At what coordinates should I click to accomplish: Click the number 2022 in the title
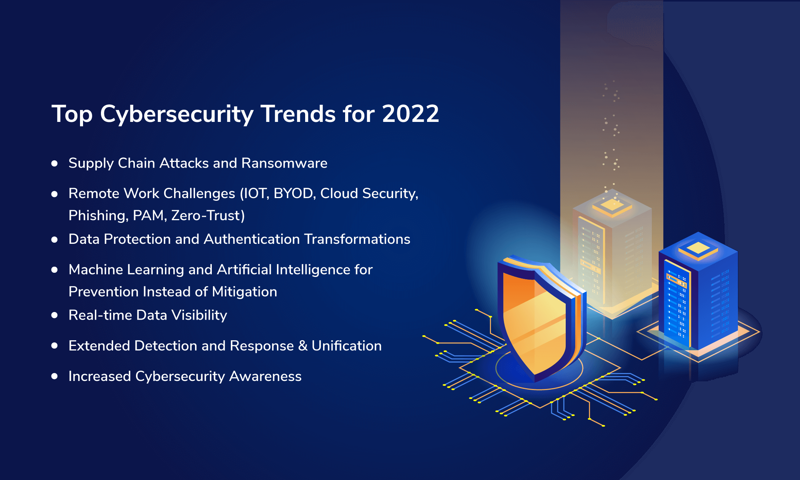point(411,114)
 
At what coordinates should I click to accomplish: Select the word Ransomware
point(284,163)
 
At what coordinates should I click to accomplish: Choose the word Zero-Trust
point(208,216)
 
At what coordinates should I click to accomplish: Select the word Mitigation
point(245,292)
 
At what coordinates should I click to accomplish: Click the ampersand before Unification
point(303,346)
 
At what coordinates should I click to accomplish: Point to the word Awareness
point(265,376)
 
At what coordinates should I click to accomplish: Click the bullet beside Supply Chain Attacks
point(54,163)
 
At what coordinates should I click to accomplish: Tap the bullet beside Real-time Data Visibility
point(54,315)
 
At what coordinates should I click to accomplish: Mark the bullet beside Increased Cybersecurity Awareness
point(54,376)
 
